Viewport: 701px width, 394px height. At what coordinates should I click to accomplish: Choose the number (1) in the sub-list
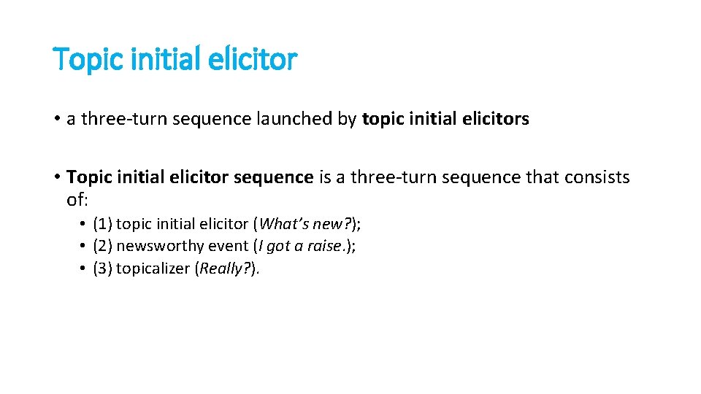click(x=102, y=223)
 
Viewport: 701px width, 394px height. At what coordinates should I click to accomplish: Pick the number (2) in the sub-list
click(x=102, y=246)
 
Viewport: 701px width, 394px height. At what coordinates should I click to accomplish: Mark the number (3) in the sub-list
click(x=102, y=269)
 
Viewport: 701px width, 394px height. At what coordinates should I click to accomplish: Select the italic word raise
click(x=327, y=246)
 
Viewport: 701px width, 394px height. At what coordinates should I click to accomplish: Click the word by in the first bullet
click(x=348, y=119)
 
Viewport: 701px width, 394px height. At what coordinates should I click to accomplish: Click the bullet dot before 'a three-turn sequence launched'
click(x=56, y=119)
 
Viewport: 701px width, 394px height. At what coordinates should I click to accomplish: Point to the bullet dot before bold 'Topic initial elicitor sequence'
click(x=56, y=177)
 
